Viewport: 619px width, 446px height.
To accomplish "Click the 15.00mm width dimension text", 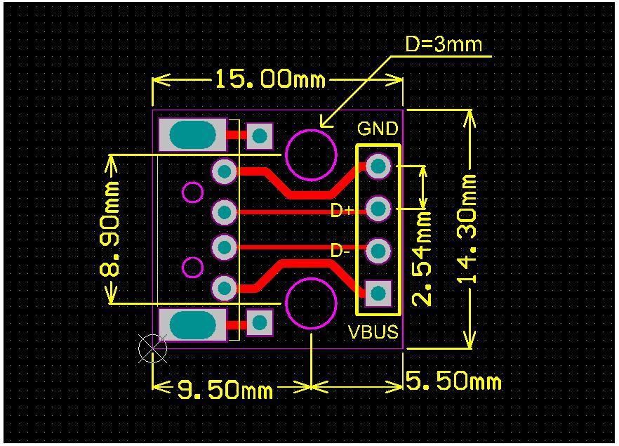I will tap(269, 79).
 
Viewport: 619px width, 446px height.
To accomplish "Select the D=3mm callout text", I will tap(444, 45).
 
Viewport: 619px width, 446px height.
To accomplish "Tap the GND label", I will tap(378, 129).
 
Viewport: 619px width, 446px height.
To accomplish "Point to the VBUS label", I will tap(373, 332).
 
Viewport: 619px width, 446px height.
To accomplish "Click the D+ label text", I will tap(342, 210).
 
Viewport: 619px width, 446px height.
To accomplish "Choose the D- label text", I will tap(340, 251).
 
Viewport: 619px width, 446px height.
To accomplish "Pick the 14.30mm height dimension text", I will tap(469, 229).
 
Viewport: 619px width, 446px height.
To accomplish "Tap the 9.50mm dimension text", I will tap(224, 388).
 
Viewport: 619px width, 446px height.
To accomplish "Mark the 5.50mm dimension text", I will tap(453, 382).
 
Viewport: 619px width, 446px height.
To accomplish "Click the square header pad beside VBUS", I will tap(379, 293).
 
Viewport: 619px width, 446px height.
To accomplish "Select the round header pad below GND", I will tap(379, 166).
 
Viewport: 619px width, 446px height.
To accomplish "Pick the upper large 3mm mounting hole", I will tap(311, 155).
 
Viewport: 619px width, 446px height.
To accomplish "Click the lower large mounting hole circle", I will tap(311, 303).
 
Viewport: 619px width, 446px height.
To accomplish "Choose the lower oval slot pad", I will tap(192, 325).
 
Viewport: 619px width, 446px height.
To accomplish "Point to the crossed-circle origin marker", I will tap(152, 348).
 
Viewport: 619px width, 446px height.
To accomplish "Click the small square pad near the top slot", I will tap(260, 136).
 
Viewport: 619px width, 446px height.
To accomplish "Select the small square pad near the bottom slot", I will tap(260, 323).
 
